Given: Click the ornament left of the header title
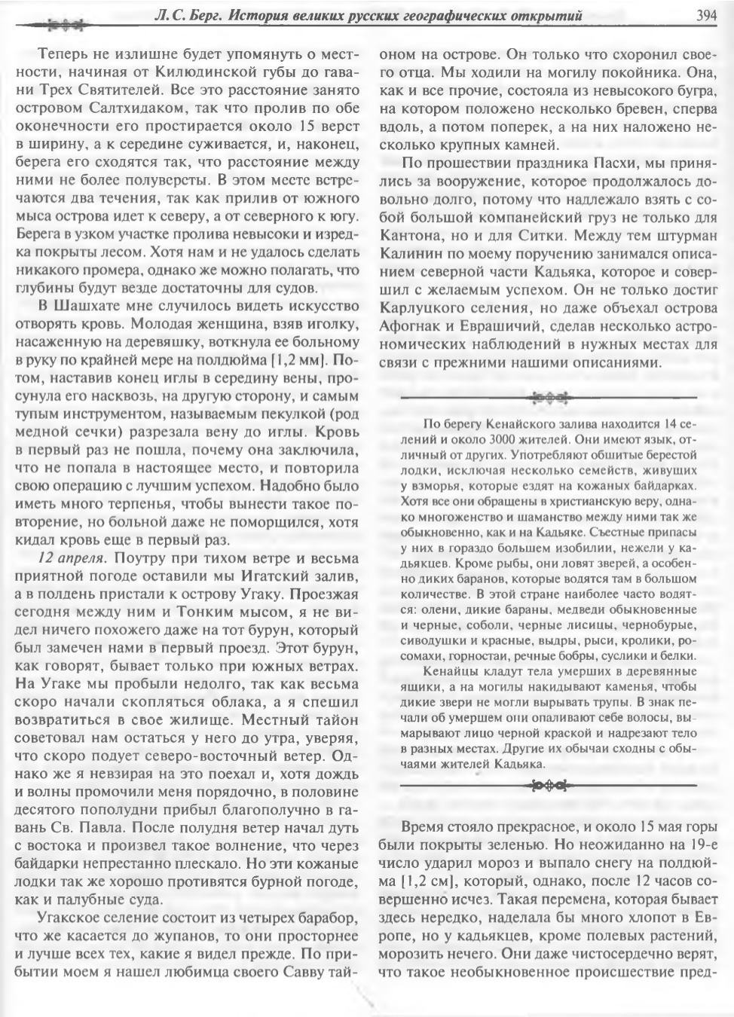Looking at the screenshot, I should [63, 24].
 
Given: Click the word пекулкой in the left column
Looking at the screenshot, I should [268, 414].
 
